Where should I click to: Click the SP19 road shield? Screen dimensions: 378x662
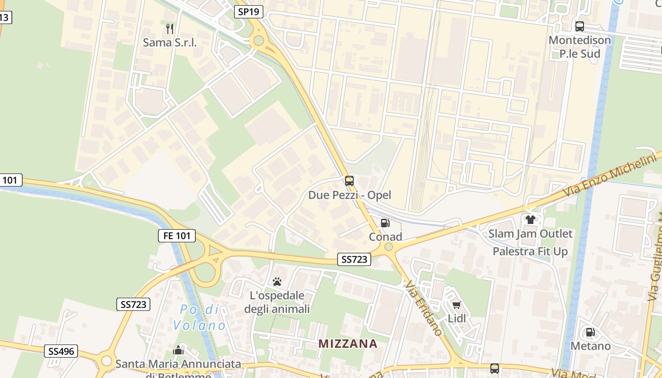[249, 12]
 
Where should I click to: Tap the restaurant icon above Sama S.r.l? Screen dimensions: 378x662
[170, 29]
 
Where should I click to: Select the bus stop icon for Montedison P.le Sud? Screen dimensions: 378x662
[580, 26]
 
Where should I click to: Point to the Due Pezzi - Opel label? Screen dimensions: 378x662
[349, 195]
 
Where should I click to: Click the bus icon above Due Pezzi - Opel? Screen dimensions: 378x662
[349, 180]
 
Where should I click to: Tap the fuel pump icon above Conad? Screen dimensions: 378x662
[385, 223]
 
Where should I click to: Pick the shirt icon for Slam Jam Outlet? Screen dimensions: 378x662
[531, 220]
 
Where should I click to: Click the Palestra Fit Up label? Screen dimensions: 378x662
[530, 251]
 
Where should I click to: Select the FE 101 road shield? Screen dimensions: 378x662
[176, 235]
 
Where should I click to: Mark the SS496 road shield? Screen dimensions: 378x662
[61, 351]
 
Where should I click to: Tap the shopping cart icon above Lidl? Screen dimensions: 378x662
[456, 305]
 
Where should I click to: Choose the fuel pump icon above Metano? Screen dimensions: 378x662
[590, 332]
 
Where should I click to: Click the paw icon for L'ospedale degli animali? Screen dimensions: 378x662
[277, 282]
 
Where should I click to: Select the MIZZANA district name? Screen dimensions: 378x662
[348, 344]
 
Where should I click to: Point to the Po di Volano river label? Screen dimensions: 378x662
[200, 318]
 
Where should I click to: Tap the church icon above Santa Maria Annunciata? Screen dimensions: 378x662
[178, 350]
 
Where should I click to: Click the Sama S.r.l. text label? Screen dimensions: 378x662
[170, 43]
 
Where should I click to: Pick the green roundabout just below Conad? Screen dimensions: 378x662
[389, 247]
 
